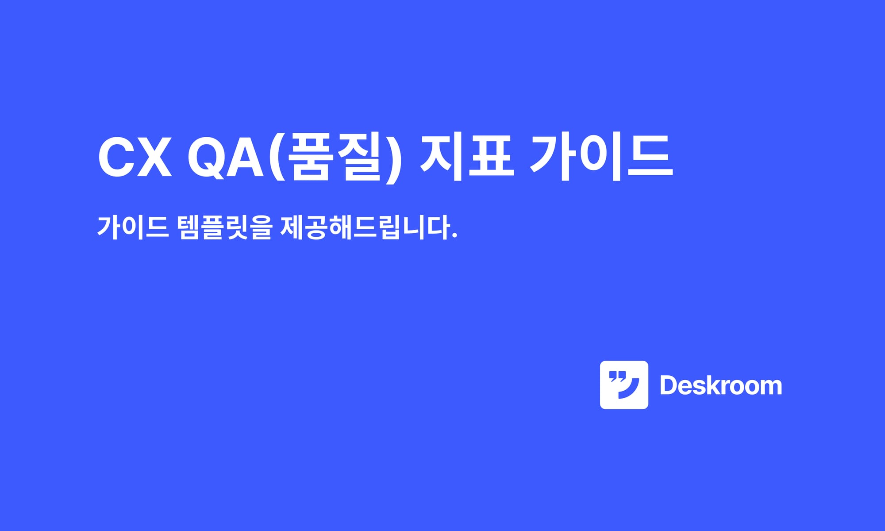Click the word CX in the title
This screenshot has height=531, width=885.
pos(135,158)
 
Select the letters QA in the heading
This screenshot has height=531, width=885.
pos(226,158)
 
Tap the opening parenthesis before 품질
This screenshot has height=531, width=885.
pos(277,158)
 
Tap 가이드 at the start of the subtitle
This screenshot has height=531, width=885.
pos(133,227)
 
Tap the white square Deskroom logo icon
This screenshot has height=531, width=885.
pos(624,385)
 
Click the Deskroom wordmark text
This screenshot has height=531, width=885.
pos(720,385)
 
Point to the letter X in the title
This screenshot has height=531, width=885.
pos(154,158)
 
